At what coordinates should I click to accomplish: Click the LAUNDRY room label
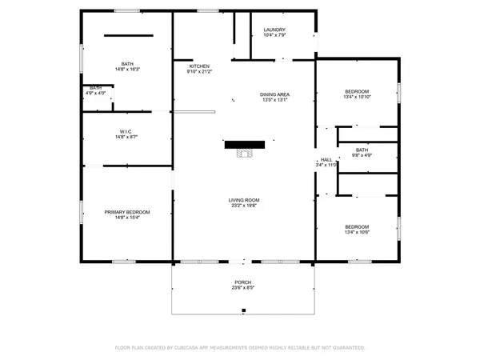click(274, 30)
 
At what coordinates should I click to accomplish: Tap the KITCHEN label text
click(199, 66)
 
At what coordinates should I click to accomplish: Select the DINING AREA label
click(274, 94)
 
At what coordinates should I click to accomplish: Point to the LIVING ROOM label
click(244, 200)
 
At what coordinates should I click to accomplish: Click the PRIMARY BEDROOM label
click(127, 212)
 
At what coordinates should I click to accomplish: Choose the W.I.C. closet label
click(126, 132)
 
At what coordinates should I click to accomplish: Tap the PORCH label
click(243, 282)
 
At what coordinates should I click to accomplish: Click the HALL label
click(326, 160)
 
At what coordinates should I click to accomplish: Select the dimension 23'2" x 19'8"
click(244, 206)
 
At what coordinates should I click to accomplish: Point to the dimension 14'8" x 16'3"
click(127, 69)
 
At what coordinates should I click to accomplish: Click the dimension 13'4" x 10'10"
click(357, 97)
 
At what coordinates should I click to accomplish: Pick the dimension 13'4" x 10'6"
click(357, 232)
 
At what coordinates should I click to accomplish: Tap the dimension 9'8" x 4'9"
click(362, 155)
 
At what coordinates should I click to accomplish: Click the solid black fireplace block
click(245, 145)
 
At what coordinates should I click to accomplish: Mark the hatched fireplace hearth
click(245, 153)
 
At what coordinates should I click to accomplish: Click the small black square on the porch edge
click(244, 310)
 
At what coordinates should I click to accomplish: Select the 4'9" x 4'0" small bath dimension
click(95, 93)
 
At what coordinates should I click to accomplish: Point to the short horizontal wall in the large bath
click(129, 35)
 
